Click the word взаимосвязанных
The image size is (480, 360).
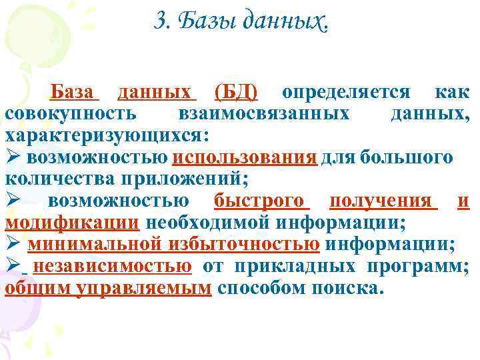265,113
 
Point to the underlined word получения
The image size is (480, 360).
379,201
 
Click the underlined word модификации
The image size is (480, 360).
71,222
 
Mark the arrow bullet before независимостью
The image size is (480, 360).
13,266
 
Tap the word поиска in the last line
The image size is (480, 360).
347,288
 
